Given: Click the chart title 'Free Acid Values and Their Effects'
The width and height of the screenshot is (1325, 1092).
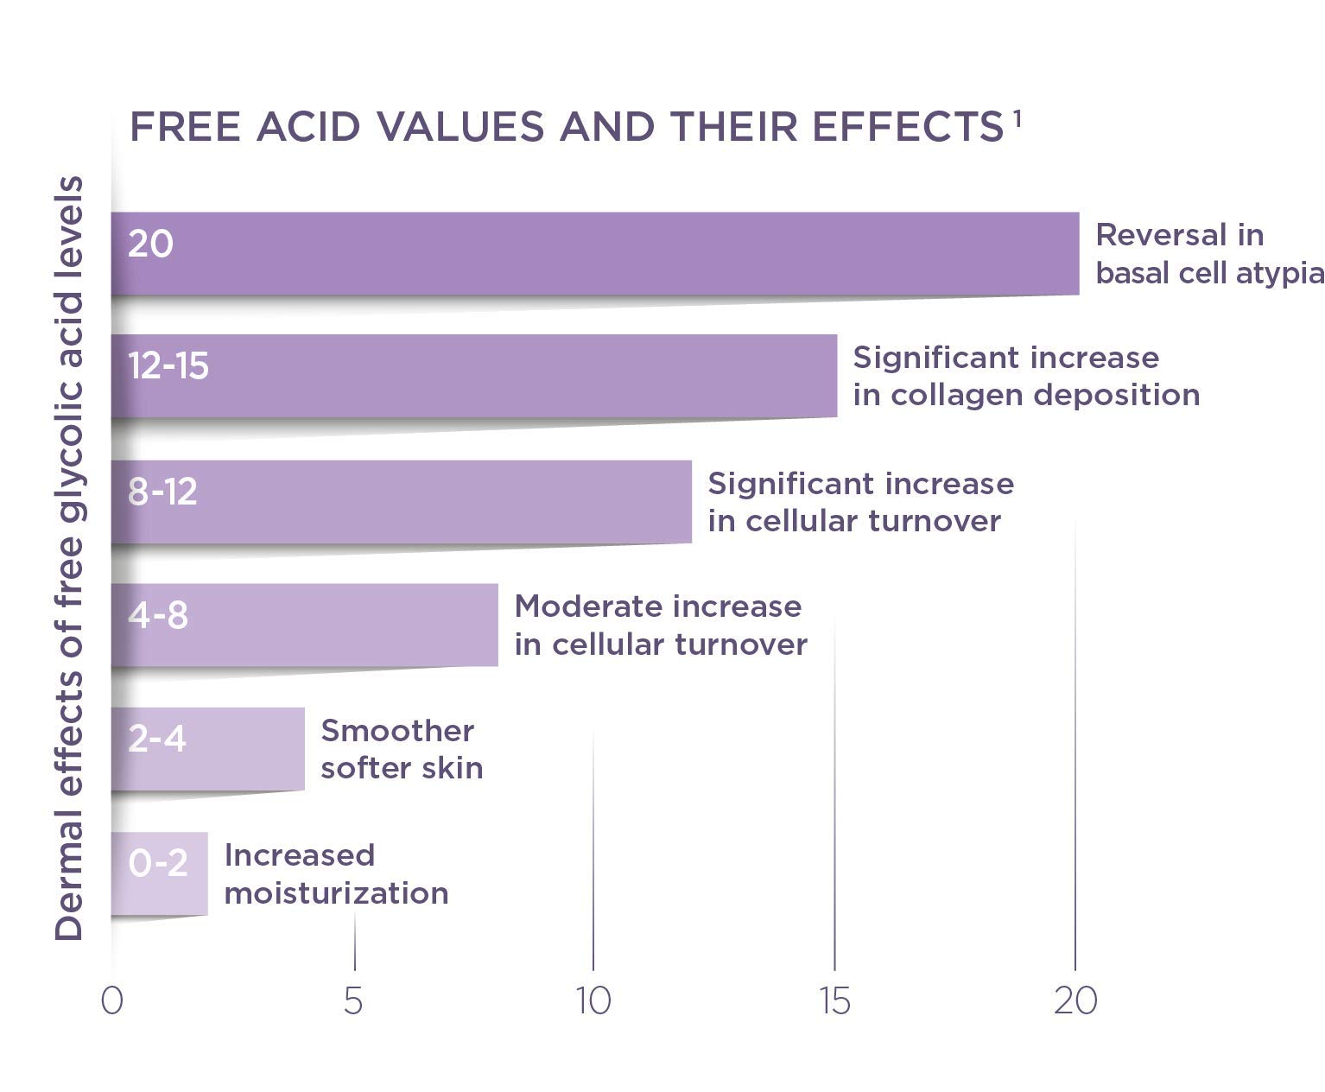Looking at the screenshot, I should click(x=566, y=128).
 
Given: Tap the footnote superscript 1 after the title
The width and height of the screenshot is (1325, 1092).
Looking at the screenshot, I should click(x=1017, y=118).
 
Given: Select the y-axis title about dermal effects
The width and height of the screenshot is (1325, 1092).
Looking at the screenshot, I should click(x=69, y=558).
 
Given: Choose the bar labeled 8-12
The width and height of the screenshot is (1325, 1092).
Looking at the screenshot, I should click(x=401, y=501).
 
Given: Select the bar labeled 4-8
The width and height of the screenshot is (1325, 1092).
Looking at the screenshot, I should click(x=304, y=625).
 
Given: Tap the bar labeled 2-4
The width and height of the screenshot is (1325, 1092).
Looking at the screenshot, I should click(x=207, y=749).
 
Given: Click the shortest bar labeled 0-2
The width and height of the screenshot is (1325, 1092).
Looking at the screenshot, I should click(x=159, y=873).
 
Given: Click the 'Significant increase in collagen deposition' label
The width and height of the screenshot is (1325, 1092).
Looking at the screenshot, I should click(x=1026, y=376).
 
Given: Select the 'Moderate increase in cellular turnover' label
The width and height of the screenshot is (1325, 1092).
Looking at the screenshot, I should click(x=661, y=625).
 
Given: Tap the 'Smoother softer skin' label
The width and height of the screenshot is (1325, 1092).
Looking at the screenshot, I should click(x=402, y=749).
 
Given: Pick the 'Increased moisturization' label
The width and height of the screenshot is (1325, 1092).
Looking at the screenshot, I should click(x=336, y=873).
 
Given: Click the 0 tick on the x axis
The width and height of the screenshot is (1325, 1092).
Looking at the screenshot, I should click(x=111, y=1000).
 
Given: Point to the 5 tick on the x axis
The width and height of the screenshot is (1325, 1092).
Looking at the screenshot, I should click(x=352, y=1000).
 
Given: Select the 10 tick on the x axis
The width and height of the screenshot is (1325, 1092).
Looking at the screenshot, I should click(x=593, y=1000).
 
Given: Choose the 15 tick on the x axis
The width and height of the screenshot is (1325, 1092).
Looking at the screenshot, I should click(x=835, y=1000).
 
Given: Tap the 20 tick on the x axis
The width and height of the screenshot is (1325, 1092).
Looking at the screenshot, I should click(x=1075, y=1000).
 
